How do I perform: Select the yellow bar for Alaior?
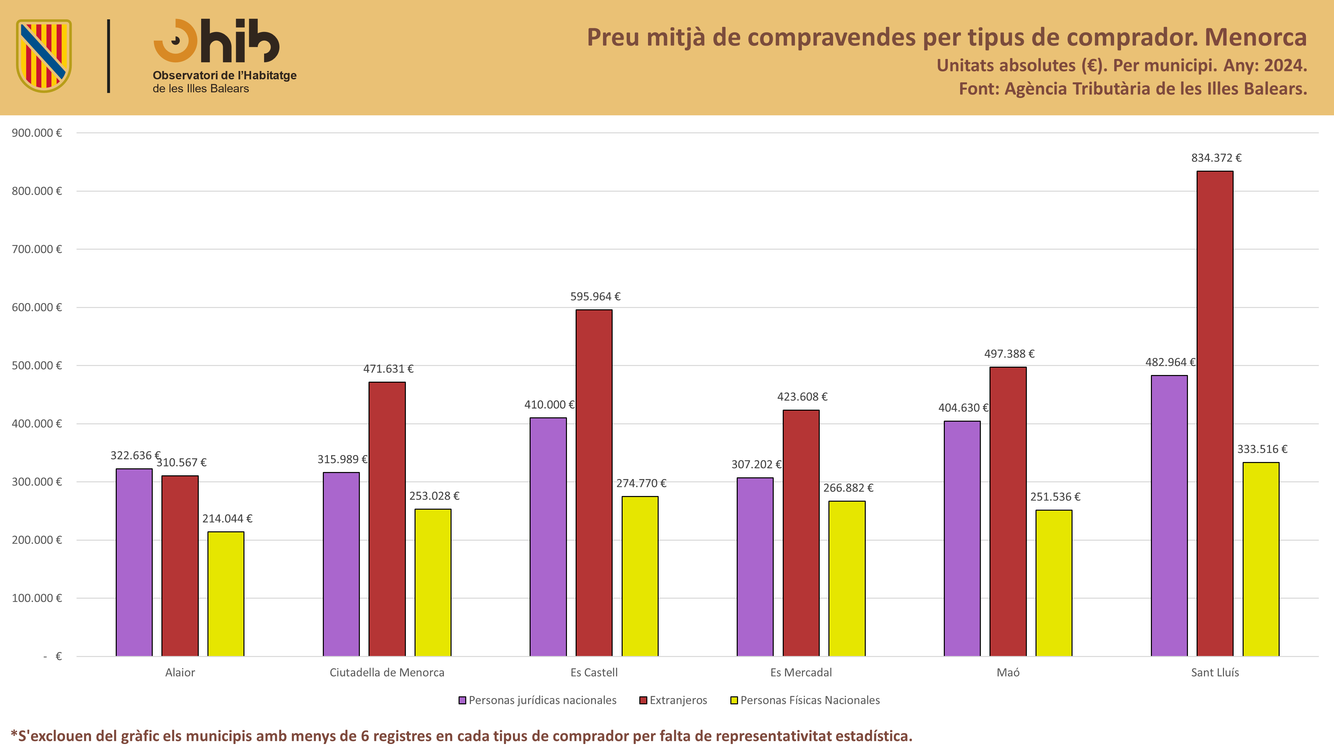tap(226, 594)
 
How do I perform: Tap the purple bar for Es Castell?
tap(548, 537)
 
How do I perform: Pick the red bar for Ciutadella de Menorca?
tap(387, 519)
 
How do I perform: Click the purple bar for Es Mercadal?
tap(755, 567)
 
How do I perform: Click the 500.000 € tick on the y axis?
tap(37, 365)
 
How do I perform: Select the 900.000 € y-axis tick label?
tap(37, 133)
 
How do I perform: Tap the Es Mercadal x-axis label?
tap(801, 672)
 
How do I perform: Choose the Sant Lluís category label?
tap(1215, 672)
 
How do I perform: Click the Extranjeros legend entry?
tap(673, 700)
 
